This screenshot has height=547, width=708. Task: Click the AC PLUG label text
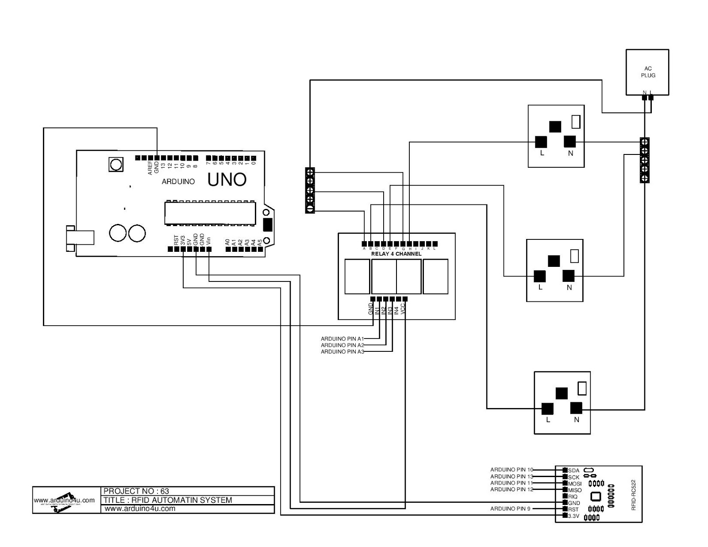point(648,72)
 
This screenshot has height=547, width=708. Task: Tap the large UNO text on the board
point(227,180)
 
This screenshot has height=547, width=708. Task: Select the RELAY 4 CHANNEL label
point(396,254)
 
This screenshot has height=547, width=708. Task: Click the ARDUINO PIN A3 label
point(342,351)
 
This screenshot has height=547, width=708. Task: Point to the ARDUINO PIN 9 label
point(510,508)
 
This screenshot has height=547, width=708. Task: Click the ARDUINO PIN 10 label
point(512,470)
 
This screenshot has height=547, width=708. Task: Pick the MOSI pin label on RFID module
point(575,484)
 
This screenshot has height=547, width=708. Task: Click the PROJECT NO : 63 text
point(136,491)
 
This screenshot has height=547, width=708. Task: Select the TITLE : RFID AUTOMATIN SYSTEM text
point(168,500)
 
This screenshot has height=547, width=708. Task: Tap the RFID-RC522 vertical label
point(633,494)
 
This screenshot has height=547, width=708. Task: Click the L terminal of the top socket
point(541,142)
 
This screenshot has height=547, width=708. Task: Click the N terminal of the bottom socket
point(576,408)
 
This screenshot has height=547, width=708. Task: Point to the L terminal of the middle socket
point(539,276)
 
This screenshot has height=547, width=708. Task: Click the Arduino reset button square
point(115,165)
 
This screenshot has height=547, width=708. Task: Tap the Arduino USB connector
point(80,238)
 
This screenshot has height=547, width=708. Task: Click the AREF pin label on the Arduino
point(150,168)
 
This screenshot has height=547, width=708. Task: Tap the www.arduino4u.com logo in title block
point(65,501)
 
